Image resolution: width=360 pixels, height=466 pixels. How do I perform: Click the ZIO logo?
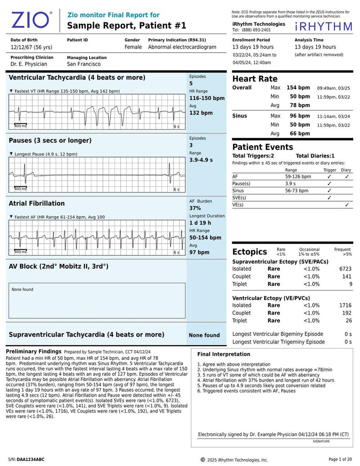31,20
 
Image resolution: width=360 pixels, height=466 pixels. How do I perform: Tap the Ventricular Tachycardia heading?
77,77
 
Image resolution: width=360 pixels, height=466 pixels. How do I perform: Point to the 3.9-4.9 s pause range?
201,160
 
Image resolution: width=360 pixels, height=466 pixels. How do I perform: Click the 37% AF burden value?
195,208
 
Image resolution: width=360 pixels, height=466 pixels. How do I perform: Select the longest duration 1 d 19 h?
200,223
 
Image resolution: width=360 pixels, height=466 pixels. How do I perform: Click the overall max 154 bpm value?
298,87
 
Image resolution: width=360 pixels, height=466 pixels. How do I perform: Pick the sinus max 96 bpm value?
298,116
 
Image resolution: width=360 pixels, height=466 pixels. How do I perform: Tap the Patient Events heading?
262,147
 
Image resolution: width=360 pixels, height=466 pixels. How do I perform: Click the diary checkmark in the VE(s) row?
346,205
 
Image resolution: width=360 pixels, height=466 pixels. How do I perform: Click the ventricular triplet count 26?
348,321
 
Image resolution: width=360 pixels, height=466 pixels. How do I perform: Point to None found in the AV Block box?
22,290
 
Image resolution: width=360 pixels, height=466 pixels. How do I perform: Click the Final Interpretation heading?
224,354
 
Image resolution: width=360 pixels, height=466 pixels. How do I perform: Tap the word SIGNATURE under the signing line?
321,441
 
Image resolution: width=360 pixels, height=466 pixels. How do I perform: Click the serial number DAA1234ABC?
31,459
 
